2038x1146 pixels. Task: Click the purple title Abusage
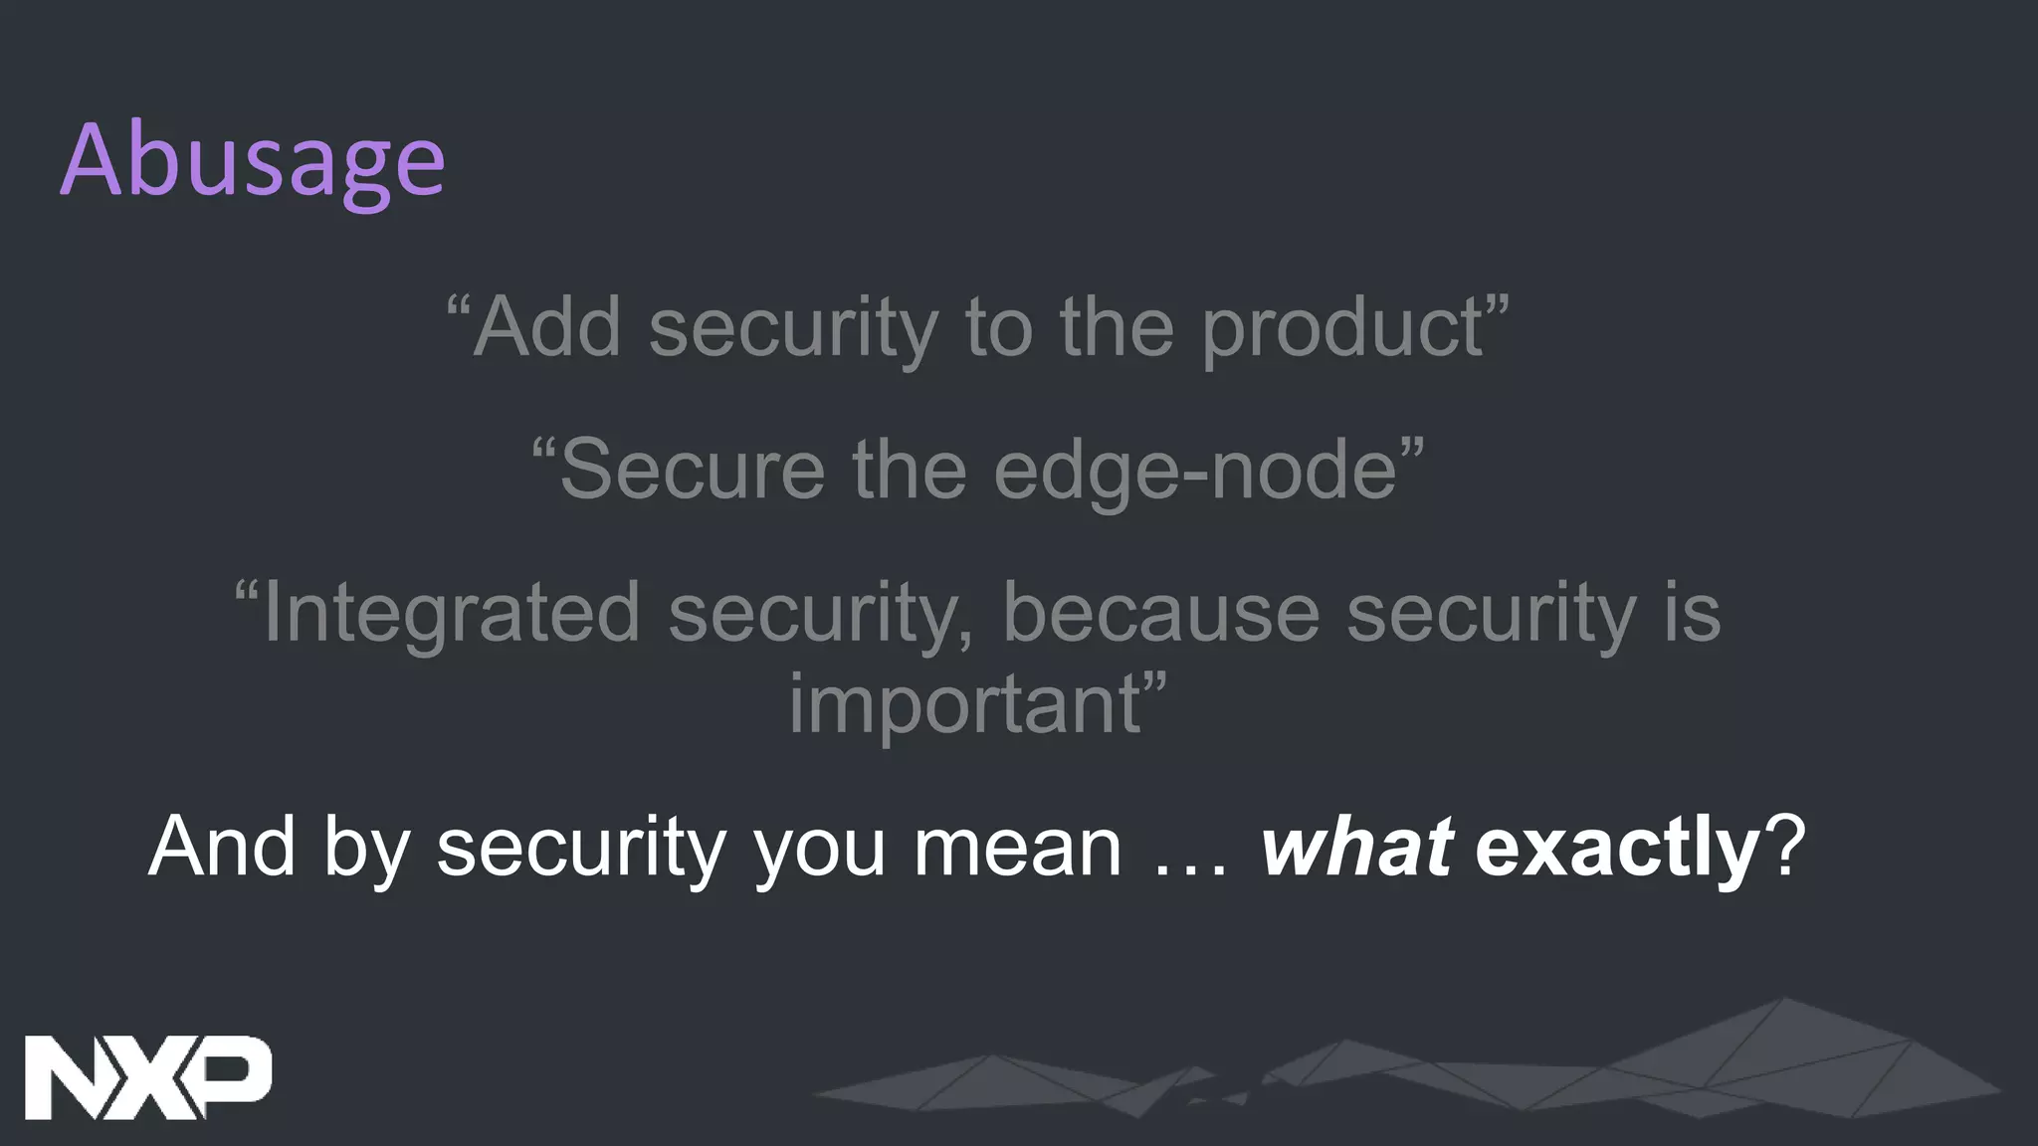pos(253,161)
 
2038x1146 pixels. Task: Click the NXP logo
pos(147,1077)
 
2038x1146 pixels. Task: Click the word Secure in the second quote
pos(692,470)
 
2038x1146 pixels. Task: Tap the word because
pos(1160,613)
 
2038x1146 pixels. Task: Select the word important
pos(963,704)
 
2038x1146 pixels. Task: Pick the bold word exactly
pos(1617,847)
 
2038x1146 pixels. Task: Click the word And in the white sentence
pos(222,847)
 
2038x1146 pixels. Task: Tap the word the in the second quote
pos(910,470)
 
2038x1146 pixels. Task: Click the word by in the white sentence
pos(366,849)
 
